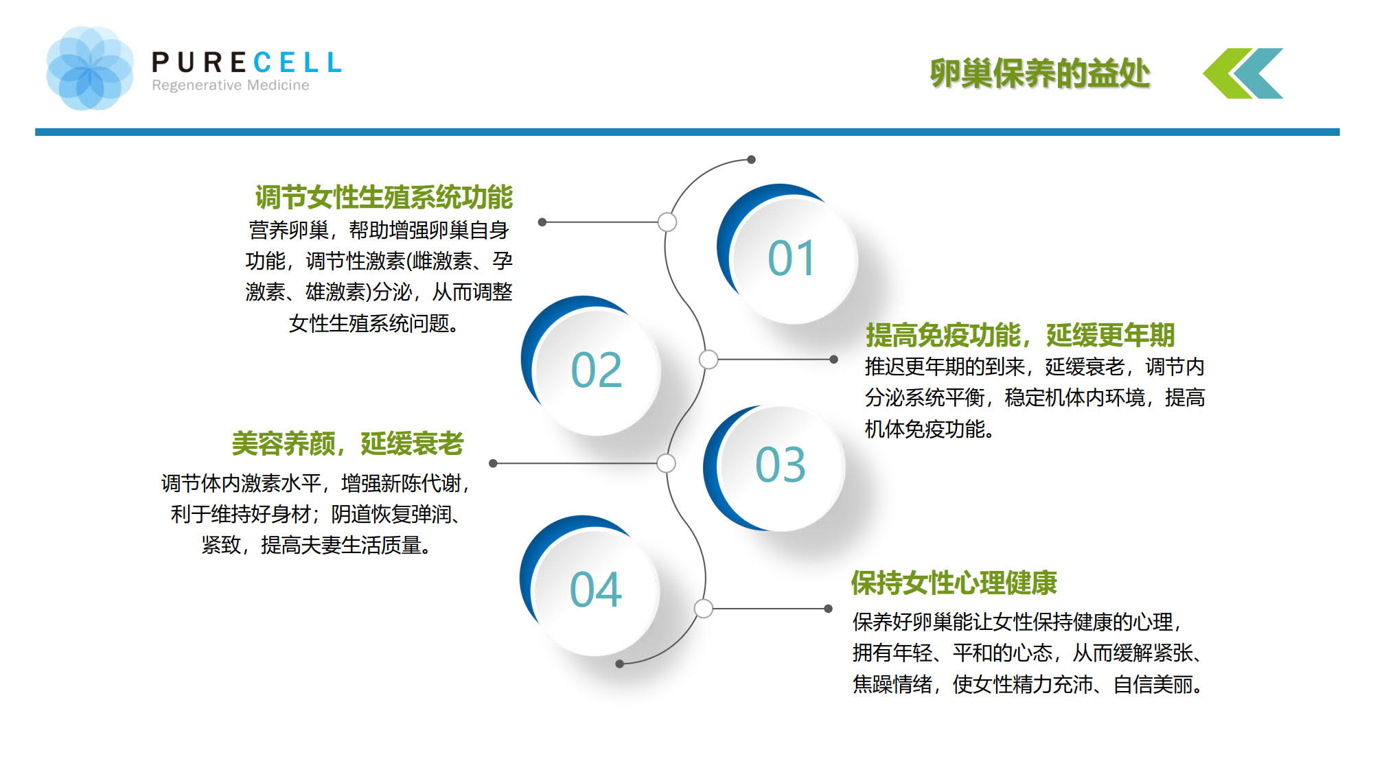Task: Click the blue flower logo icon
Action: coord(90,68)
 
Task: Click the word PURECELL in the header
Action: coord(246,62)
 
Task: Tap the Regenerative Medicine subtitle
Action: coord(231,85)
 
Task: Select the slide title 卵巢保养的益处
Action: coord(1039,73)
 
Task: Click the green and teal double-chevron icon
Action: coord(1243,73)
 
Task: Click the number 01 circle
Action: coord(789,257)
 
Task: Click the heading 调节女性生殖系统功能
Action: coord(384,197)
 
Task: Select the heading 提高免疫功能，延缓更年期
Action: coord(1020,335)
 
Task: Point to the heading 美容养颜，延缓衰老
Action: coord(348,443)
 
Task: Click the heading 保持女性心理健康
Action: coord(954,583)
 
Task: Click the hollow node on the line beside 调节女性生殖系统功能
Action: coord(667,222)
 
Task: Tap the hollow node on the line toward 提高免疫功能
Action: coord(708,359)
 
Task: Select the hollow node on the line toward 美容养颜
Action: coord(666,463)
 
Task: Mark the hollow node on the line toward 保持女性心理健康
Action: coord(703,608)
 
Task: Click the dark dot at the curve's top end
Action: coord(752,159)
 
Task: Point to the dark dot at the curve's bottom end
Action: coord(619,664)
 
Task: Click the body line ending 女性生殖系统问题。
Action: coord(374,323)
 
